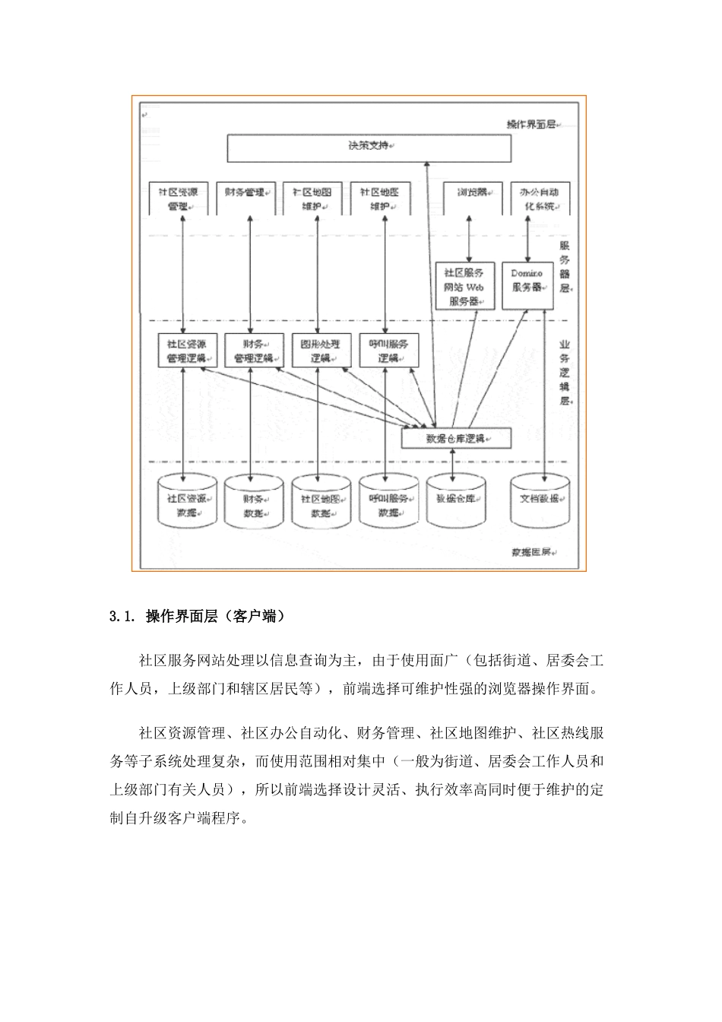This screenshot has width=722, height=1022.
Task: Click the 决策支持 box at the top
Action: click(x=368, y=148)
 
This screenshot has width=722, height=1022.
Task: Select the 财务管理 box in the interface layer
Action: click(x=245, y=198)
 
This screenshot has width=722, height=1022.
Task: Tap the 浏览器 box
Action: click(x=472, y=198)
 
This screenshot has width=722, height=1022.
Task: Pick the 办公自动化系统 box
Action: click(x=540, y=199)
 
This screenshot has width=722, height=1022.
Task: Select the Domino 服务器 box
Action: click(x=527, y=285)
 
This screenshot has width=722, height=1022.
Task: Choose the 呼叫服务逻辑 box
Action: click(x=388, y=351)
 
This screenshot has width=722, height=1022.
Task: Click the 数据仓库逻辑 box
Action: click(x=456, y=439)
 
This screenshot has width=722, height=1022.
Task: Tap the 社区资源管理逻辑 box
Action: click(x=186, y=351)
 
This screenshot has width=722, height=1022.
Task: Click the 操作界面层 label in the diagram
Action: click(x=530, y=123)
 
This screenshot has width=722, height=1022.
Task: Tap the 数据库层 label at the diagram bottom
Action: click(x=532, y=552)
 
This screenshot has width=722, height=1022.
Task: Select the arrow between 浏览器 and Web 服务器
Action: click(x=469, y=238)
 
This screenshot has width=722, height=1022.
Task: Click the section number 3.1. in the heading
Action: click(x=123, y=617)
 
